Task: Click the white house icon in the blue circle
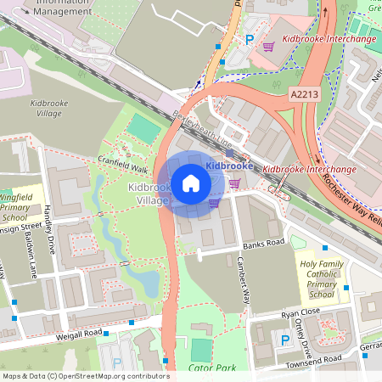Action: tap(191, 183)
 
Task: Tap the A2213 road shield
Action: tap(304, 93)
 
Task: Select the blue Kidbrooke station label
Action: tap(225, 166)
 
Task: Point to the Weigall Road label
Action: tap(79, 332)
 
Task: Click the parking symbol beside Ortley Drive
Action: tap(285, 340)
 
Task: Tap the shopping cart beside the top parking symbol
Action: tap(268, 48)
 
